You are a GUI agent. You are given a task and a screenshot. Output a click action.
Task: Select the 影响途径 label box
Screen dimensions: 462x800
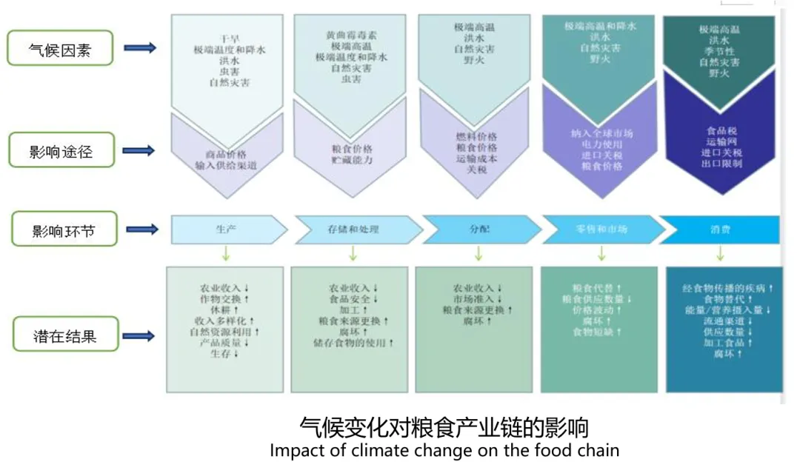coord(61,151)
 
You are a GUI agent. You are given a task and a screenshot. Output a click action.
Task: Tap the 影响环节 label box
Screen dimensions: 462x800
coord(61,230)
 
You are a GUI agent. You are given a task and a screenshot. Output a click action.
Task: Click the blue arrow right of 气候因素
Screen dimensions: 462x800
coord(139,48)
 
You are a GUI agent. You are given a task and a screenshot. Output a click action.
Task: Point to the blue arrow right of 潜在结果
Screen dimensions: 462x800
coord(139,337)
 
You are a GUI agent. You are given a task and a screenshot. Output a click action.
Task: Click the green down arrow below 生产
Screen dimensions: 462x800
coord(225,253)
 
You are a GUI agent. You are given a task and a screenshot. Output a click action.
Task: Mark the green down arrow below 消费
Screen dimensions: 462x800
coord(723,253)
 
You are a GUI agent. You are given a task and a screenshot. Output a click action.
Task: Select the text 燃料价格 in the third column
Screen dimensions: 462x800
coord(476,136)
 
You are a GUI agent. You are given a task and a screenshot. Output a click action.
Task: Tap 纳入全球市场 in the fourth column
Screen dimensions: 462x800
coord(602,133)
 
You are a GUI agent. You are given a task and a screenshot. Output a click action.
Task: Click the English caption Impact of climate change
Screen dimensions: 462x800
coord(444,449)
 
